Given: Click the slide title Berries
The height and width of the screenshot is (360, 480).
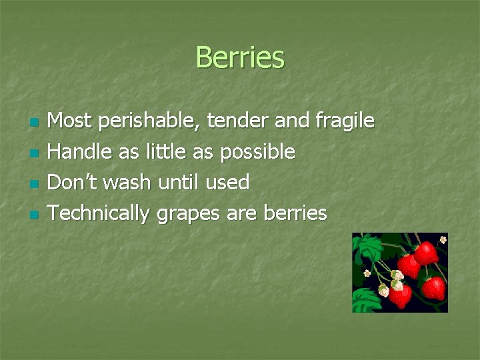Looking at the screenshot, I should click(240, 57).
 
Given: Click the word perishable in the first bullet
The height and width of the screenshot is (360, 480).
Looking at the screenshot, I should click(151, 121).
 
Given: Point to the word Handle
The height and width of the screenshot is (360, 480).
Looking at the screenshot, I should click(81, 152).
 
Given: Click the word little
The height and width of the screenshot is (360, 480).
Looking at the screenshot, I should click(166, 152).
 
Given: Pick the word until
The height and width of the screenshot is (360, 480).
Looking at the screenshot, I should click(179, 182).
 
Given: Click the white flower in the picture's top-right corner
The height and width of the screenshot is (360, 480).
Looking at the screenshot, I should click(443, 239).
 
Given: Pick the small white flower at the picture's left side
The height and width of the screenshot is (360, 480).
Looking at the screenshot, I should click(367, 273).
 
